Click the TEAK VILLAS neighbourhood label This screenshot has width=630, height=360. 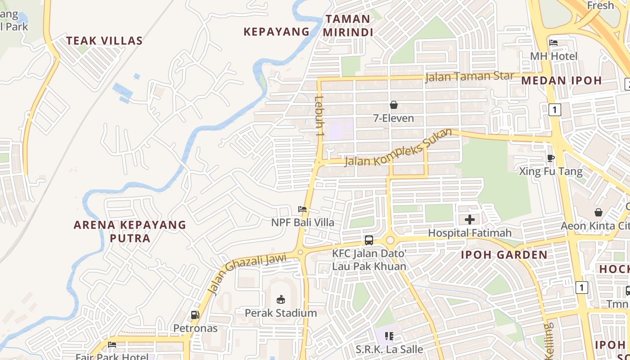pos(104,40)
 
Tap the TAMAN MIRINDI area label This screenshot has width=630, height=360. pos(348,26)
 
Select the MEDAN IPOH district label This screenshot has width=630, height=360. pos(562,81)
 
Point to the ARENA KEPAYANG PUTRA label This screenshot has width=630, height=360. pos(130,231)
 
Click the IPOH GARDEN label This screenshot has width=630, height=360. pos(504,255)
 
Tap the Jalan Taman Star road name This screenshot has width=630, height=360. pos(469,76)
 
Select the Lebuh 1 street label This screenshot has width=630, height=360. pos(319,116)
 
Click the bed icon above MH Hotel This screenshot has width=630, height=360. pos(553,43)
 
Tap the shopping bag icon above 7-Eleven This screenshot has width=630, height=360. pos(394,105)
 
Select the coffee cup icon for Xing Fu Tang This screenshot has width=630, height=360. pos(550,158)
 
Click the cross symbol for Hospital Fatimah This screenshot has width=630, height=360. pos(470,220)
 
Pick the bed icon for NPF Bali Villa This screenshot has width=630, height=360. pos(302,209)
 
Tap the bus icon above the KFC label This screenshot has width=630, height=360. pos(369,240)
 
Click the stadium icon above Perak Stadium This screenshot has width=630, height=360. pos(281,299)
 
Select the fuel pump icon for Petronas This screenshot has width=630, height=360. pos(195,315)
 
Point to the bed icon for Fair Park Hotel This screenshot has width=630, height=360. pos(112,345)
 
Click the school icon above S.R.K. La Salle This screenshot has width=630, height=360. pos(389,336)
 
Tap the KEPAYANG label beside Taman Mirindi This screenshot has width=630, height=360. pos(276,31)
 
